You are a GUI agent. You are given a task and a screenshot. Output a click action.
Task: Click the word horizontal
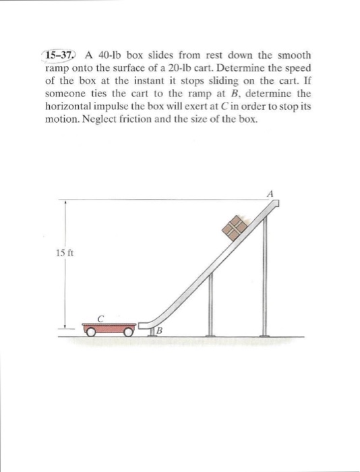[x=69, y=107]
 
